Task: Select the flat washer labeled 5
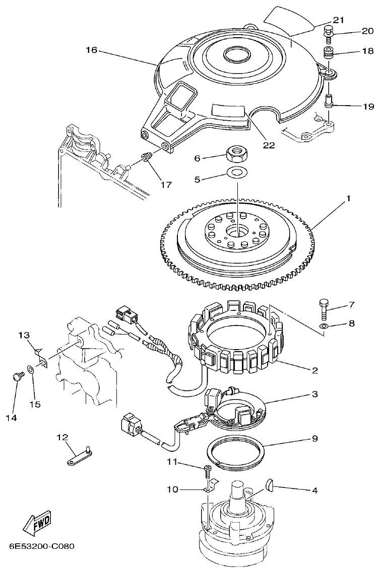coord(235,173)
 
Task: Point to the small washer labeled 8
coord(323,328)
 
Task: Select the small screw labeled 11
coord(208,470)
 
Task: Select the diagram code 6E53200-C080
coord(42,546)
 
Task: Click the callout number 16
coord(91,50)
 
